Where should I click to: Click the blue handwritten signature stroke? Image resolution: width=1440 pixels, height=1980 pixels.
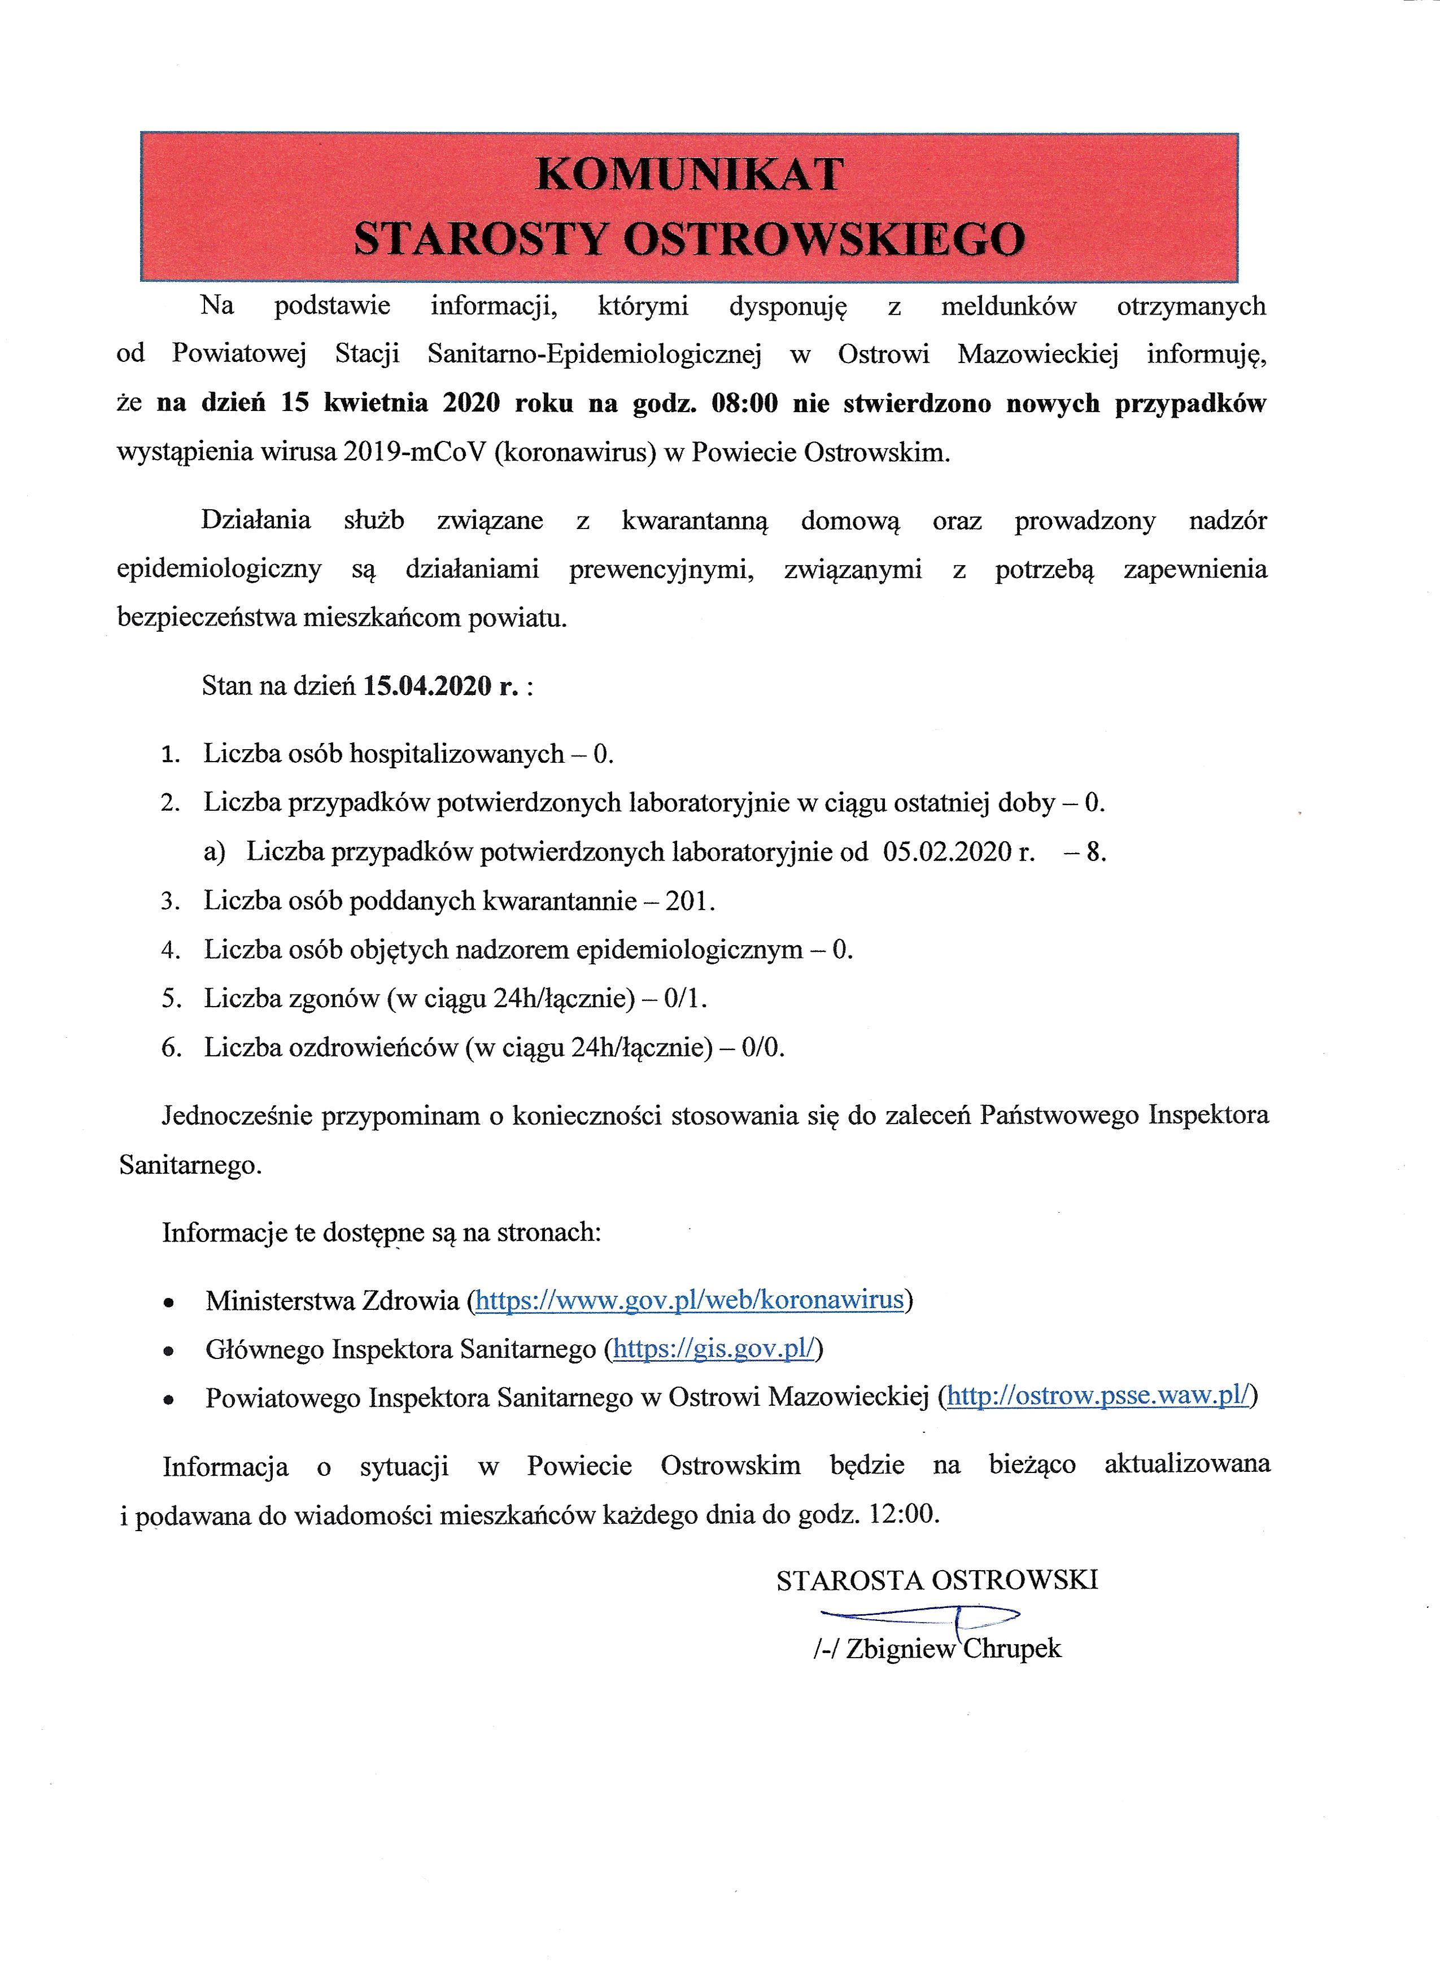click(917, 1614)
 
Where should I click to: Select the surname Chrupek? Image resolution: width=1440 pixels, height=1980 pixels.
click(1012, 1648)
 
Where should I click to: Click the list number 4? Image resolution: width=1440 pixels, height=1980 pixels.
click(171, 950)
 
